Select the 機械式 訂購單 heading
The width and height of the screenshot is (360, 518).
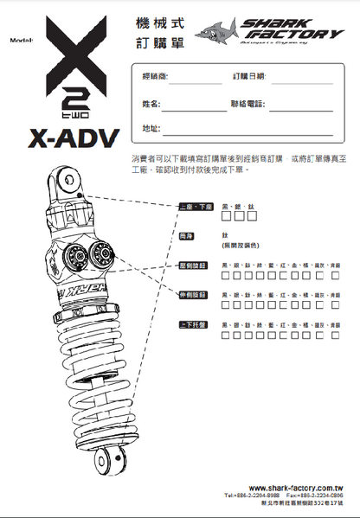(x=157, y=31)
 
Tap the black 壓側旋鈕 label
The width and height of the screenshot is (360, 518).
(x=191, y=265)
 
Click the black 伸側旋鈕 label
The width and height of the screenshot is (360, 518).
(x=191, y=295)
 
